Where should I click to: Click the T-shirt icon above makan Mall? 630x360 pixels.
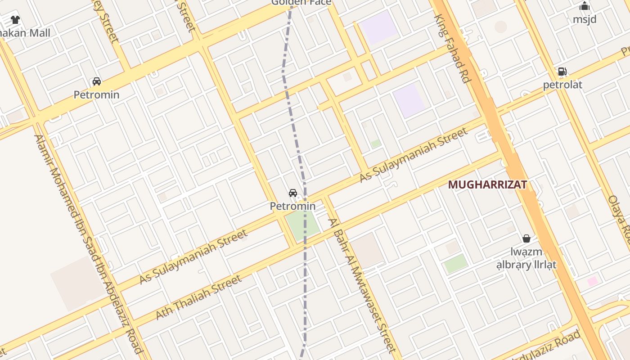point(15,20)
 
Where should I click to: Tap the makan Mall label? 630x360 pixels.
point(25,33)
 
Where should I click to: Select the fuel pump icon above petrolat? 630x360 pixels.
point(562,72)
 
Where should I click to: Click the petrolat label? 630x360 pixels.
point(562,85)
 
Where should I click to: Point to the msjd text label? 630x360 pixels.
point(585,19)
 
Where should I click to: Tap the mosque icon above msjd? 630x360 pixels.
point(585,6)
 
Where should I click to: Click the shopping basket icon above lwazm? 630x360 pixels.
point(526,238)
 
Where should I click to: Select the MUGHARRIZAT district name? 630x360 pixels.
point(487,184)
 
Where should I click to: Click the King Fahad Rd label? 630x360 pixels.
point(452,48)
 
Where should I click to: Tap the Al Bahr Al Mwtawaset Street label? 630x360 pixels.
point(362,285)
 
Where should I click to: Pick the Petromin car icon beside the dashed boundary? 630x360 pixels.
point(293,193)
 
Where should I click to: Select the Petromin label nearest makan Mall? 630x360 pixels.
point(96,94)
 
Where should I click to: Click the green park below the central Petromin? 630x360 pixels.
point(303,225)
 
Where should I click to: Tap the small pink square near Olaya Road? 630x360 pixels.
point(593,282)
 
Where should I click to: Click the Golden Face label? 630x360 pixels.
point(301,3)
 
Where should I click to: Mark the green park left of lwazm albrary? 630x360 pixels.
point(456,263)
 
